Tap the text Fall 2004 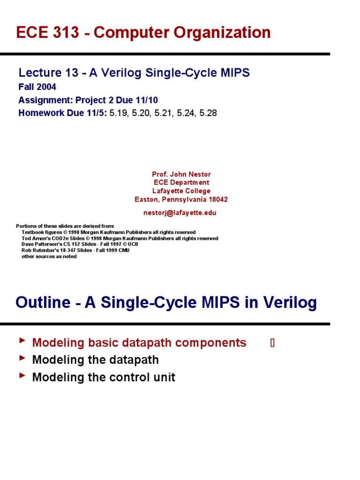(x=37, y=87)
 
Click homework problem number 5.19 (x=119, y=113)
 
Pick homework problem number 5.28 (x=208, y=113)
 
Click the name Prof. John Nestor (x=181, y=174)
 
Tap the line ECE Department (x=181, y=182)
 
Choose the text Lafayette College (x=181, y=191)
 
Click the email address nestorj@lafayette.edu (x=180, y=212)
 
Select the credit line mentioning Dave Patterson (x=80, y=244)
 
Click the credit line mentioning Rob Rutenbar (x=75, y=250)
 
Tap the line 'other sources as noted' (x=49, y=256)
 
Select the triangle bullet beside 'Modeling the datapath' (x=22, y=358)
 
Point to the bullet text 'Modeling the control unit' (x=104, y=377)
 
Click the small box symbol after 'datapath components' (x=272, y=343)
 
